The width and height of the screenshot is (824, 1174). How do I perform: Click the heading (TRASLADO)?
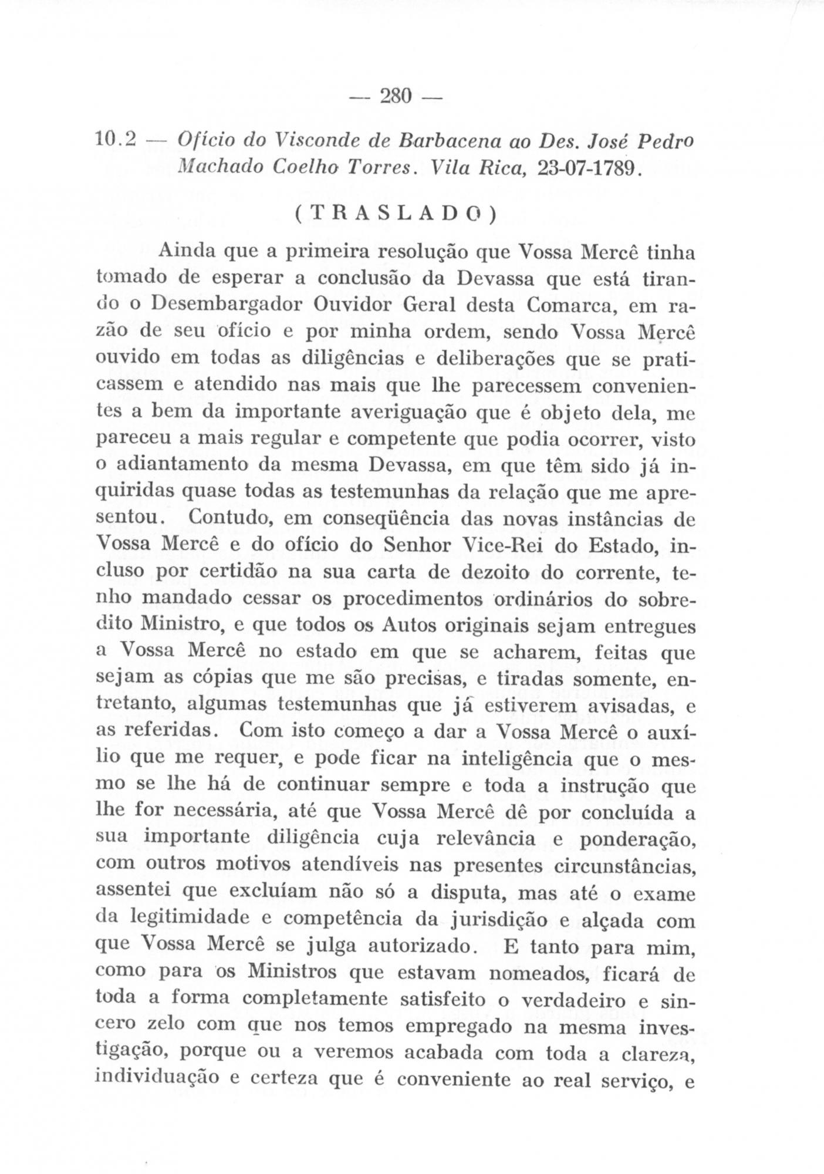394,215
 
